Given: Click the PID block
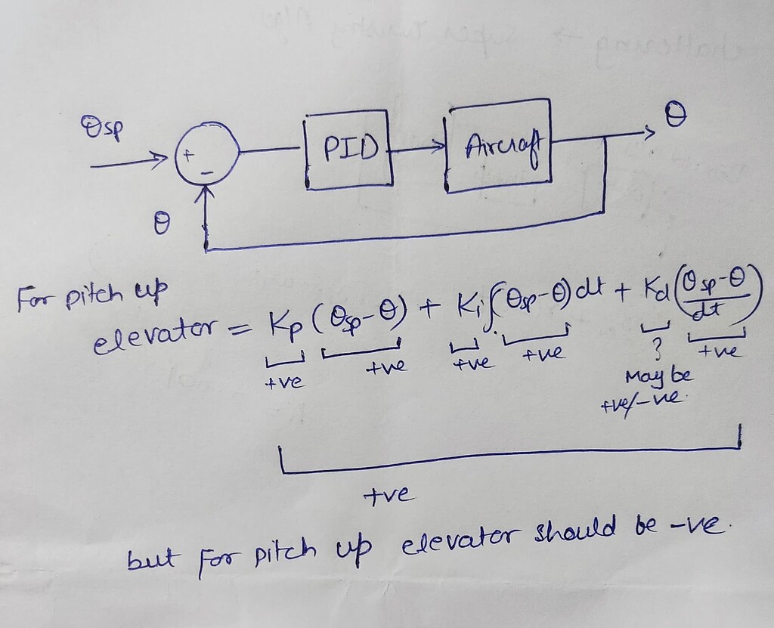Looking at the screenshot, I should [x=349, y=148].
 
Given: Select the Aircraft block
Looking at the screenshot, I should [x=499, y=148].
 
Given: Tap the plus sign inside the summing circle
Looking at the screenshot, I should [x=190, y=153].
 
